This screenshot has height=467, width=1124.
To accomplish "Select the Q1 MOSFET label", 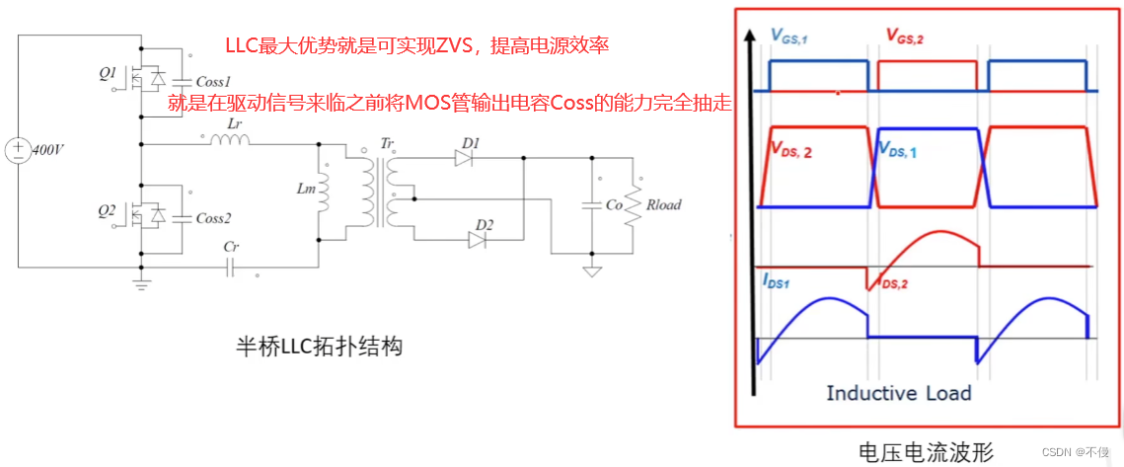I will click(108, 73).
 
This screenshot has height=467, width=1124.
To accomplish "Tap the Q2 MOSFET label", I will click(108, 209).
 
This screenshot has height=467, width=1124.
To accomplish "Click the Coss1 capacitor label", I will click(212, 82).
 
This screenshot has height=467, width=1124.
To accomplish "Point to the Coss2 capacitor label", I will click(212, 218).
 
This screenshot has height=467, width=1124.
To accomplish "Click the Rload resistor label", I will click(663, 205).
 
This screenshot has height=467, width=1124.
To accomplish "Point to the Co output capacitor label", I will click(614, 205).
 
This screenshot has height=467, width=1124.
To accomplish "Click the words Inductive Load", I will click(898, 393).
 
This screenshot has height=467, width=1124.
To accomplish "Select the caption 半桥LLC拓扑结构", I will click(319, 348).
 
